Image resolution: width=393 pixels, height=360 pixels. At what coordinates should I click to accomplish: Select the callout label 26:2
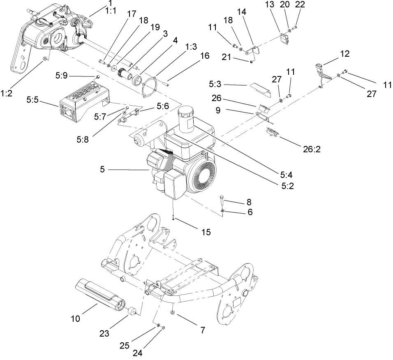coord(312,149)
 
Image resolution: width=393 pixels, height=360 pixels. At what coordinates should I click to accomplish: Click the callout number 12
coord(344,53)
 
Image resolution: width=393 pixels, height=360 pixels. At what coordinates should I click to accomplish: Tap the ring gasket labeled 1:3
coord(150,88)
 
